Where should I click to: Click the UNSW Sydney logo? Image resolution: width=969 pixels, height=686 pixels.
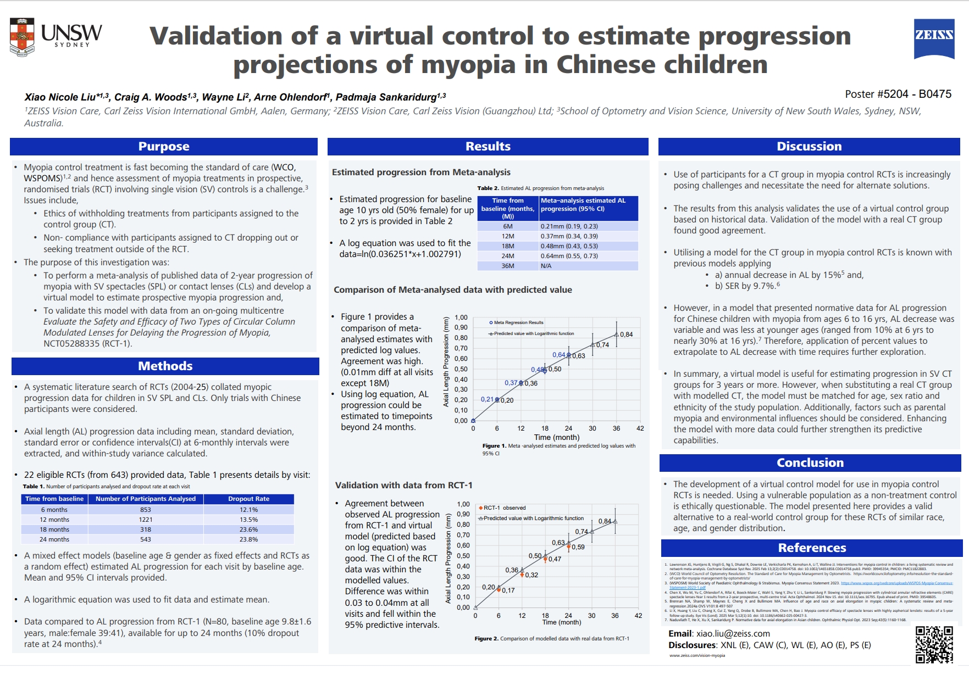[x=56, y=37]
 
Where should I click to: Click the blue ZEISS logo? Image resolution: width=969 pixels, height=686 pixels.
[x=933, y=38]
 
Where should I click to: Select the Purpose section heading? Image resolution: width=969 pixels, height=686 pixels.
[x=164, y=147]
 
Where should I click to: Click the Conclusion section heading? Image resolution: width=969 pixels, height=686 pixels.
[x=810, y=462]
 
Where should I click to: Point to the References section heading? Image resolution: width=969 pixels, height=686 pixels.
[x=812, y=548]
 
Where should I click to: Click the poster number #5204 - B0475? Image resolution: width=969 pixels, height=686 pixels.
[x=898, y=94]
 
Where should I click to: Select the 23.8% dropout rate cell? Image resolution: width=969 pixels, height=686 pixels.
[x=248, y=539]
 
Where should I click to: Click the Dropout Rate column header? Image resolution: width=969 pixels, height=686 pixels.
[x=248, y=499]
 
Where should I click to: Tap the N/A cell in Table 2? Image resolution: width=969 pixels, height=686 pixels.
[x=546, y=266]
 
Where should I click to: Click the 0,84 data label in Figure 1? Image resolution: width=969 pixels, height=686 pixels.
[x=627, y=334]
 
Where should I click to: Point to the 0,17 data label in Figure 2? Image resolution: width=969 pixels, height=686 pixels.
[x=508, y=590]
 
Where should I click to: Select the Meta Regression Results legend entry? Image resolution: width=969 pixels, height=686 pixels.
[x=518, y=322]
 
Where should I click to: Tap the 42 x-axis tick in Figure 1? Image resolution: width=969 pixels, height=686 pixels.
[x=640, y=428]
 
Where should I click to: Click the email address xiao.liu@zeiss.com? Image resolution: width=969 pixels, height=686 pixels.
[x=733, y=633]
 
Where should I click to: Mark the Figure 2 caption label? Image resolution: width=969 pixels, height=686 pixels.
[x=486, y=639]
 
